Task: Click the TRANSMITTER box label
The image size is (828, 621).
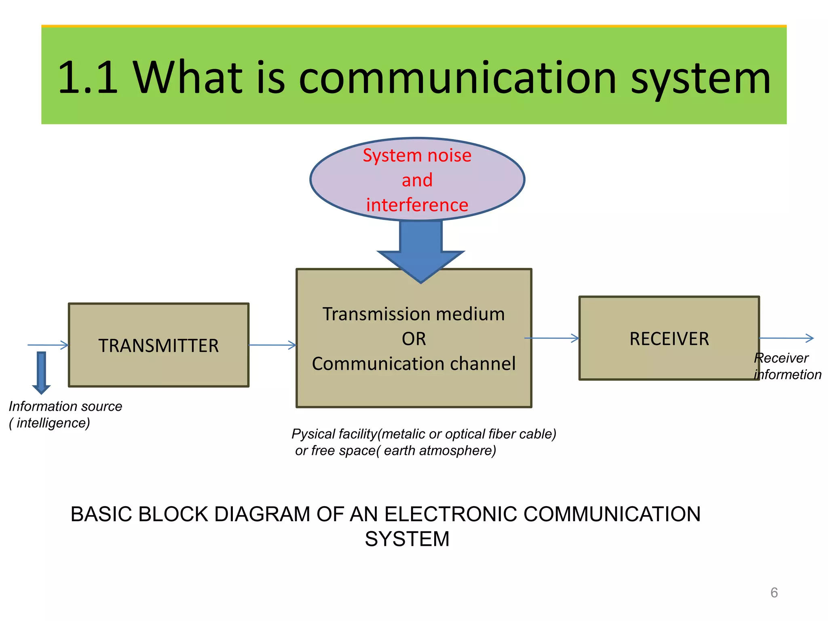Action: [158, 346]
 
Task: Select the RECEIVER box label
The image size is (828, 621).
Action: [669, 339]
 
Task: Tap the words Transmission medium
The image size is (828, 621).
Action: [414, 314]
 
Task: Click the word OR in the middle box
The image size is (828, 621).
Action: [414, 339]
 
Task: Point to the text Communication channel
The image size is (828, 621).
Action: [414, 363]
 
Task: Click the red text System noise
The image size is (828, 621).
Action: [417, 155]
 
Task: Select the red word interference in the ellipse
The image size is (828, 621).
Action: [417, 205]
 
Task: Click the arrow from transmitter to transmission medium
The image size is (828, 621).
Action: [272, 345]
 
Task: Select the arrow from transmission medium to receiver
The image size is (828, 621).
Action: [552, 338]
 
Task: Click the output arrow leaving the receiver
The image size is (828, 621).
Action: [786, 338]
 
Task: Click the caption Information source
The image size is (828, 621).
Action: [65, 406]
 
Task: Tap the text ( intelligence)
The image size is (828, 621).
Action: [49, 423]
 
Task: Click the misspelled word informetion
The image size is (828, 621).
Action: [788, 375]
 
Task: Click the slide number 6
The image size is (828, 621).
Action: [774, 593]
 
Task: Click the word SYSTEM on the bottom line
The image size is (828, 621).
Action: [407, 539]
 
